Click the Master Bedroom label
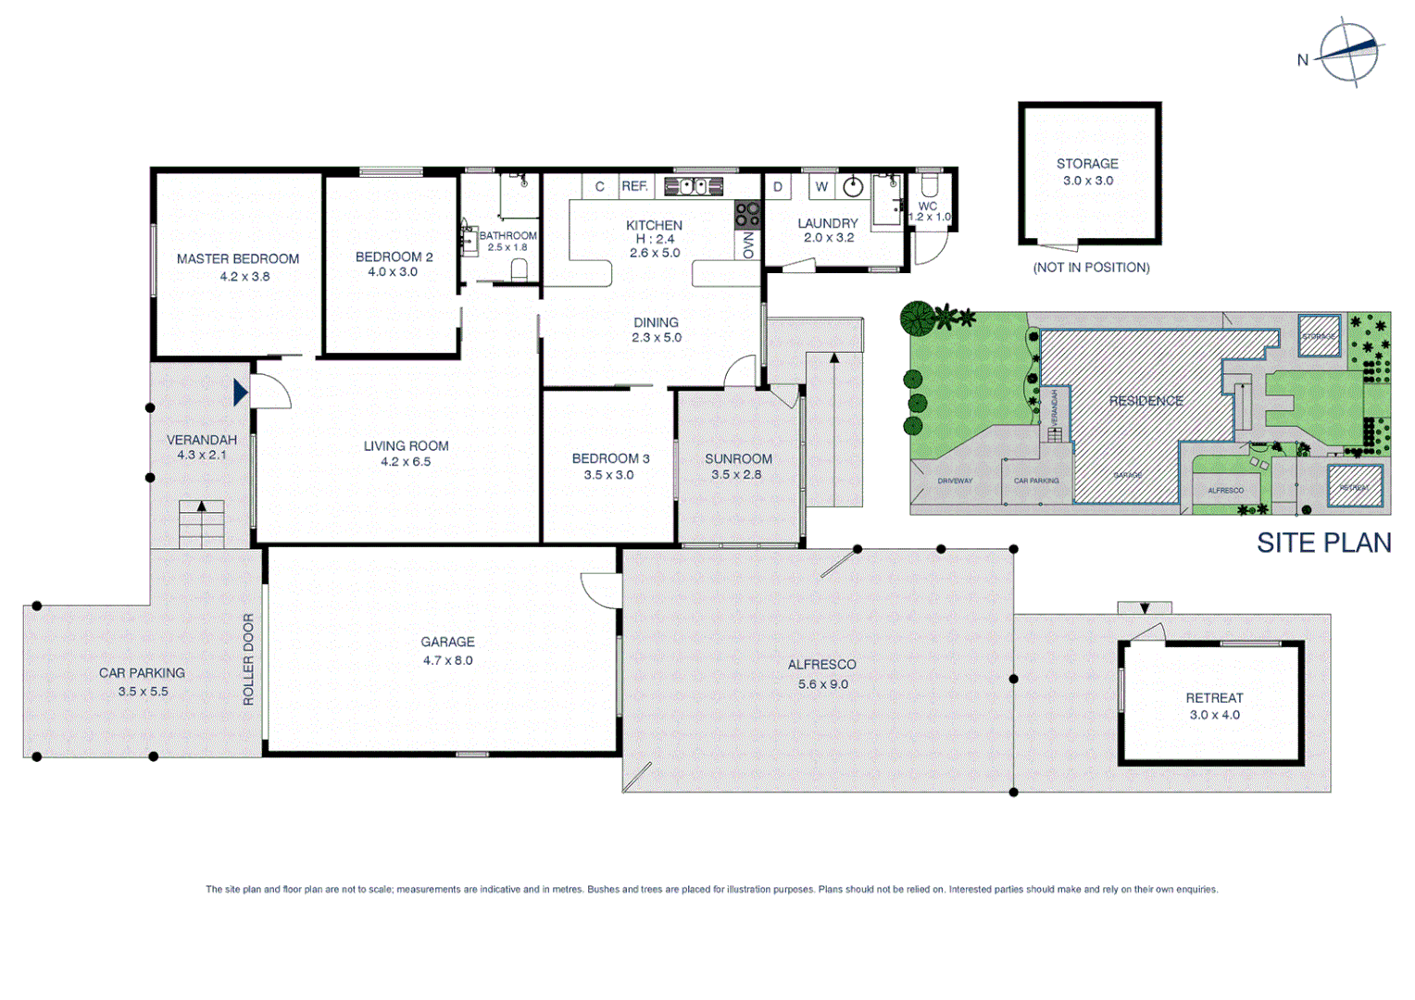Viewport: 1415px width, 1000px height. pyautogui.click(x=238, y=259)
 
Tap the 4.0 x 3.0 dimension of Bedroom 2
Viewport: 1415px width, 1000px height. pyautogui.click(x=393, y=272)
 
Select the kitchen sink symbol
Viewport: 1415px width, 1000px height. pyautogui.click(x=693, y=186)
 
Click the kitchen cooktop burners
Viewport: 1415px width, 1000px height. pyautogui.click(x=747, y=215)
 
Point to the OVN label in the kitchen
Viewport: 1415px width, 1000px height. pyautogui.click(x=748, y=245)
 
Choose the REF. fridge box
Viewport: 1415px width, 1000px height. pyautogui.click(x=635, y=186)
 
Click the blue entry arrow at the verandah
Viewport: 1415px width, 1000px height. pyautogui.click(x=241, y=393)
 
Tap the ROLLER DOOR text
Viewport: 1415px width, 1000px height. pyautogui.click(x=248, y=659)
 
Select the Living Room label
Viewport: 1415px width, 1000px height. pyautogui.click(x=406, y=446)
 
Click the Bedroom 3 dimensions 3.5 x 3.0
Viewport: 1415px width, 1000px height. pyautogui.click(x=608, y=475)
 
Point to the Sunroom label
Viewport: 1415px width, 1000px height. pyautogui.click(x=738, y=458)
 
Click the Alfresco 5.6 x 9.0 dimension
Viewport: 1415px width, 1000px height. pyautogui.click(x=822, y=684)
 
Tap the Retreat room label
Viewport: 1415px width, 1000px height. pyautogui.click(x=1214, y=698)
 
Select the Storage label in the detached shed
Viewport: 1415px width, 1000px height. pyautogui.click(x=1087, y=164)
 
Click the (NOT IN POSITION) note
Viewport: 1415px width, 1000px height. pyautogui.click(x=1091, y=268)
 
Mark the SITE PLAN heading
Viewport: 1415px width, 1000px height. pyautogui.click(x=1323, y=543)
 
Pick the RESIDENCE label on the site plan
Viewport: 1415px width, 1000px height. pyautogui.click(x=1146, y=401)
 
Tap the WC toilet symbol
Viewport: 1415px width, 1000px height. pyautogui.click(x=929, y=185)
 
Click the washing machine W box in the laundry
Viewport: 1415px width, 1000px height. pyautogui.click(x=821, y=186)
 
